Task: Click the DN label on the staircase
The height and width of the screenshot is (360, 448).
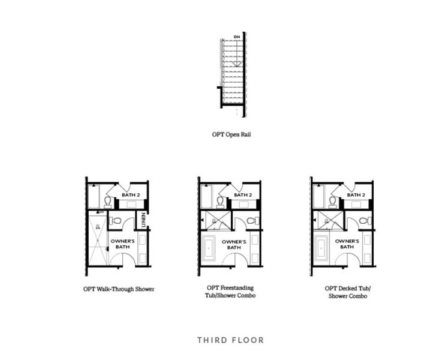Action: [x=237, y=37]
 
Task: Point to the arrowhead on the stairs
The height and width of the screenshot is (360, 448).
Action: [x=237, y=63]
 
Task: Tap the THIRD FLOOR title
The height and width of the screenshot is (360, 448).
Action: [x=230, y=340]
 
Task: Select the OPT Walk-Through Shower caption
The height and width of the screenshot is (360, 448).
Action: [x=119, y=289]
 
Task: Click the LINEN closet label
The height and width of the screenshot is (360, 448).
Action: [x=143, y=221]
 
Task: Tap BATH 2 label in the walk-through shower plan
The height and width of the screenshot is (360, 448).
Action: [x=130, y=195]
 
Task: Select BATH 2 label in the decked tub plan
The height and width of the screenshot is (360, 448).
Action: [x=356, y=195]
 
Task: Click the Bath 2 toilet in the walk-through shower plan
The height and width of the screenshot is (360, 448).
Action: [x=108, y=201]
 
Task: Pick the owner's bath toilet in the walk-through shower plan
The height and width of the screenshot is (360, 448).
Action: [x=116, y=221]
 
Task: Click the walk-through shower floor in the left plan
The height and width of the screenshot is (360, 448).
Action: [x=97, y=240]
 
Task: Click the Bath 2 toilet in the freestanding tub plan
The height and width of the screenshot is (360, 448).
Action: [x=220, y=201]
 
